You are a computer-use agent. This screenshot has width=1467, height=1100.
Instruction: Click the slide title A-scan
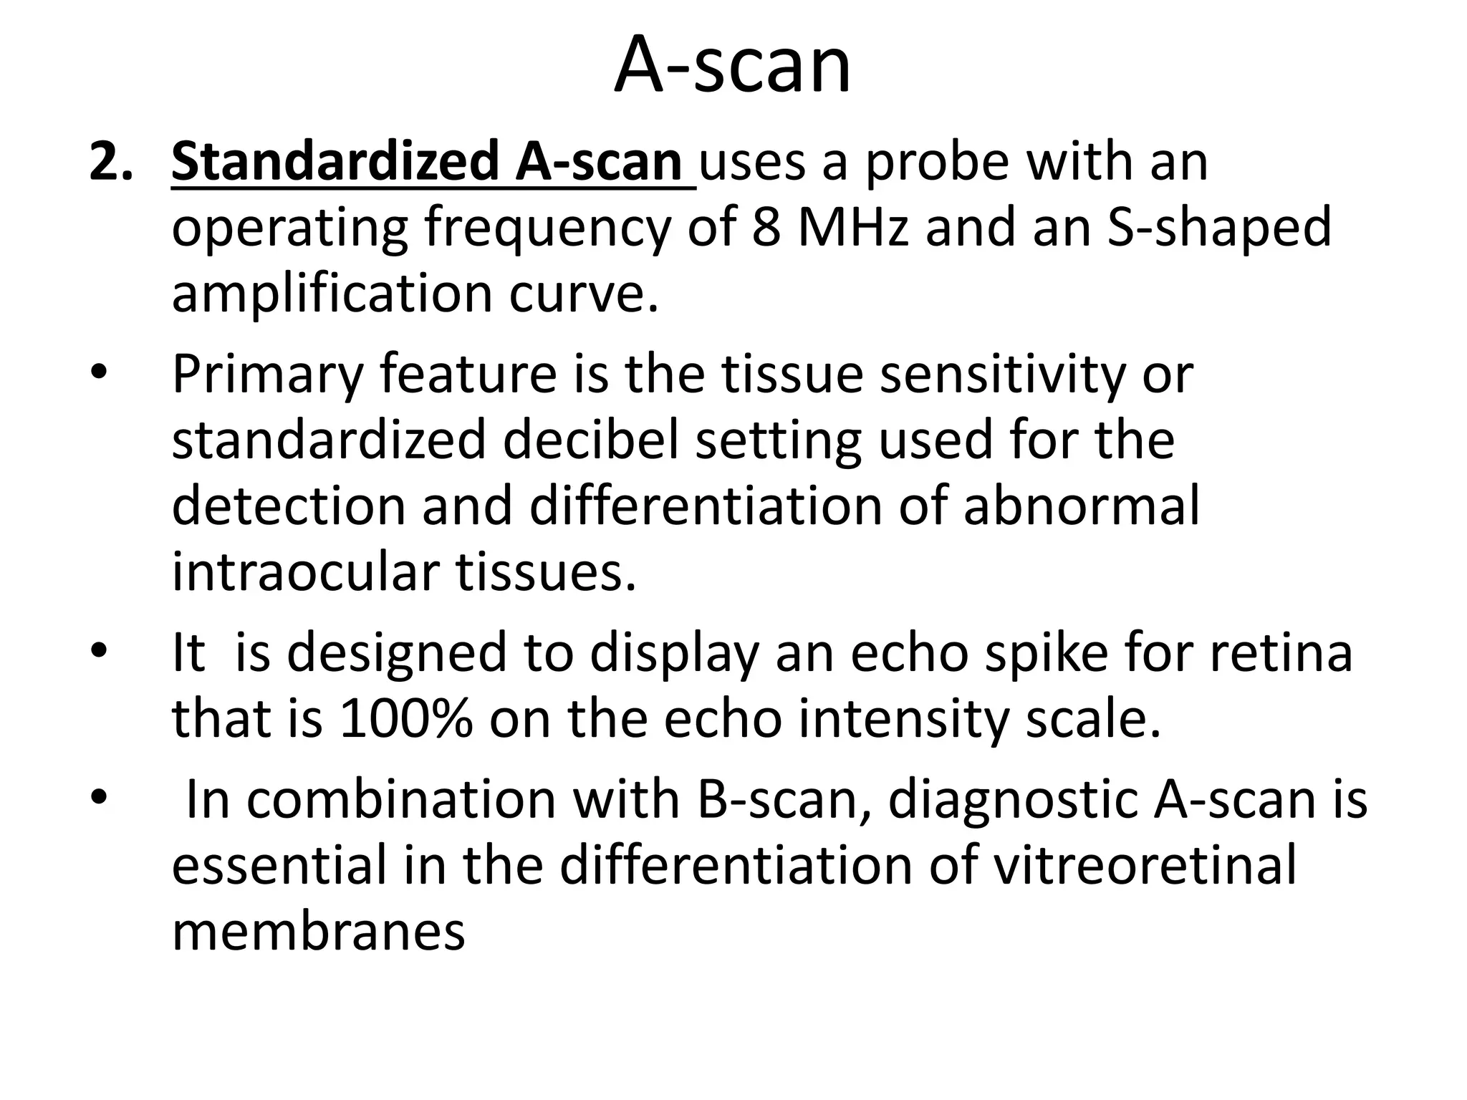[732, 66]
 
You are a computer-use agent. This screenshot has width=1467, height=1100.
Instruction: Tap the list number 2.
[111, 162]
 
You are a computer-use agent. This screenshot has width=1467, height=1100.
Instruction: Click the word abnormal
[1082, 506]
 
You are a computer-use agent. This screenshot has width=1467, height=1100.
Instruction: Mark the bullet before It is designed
[98, 652]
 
